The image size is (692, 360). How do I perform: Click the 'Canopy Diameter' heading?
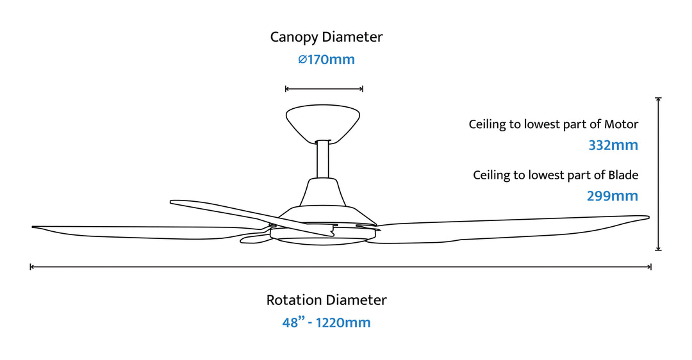326,37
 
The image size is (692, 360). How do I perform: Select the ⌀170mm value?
326,60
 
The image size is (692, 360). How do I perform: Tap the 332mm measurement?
613,145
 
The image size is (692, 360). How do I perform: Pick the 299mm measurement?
613,196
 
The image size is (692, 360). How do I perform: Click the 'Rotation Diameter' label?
326,300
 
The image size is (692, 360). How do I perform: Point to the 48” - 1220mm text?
326,322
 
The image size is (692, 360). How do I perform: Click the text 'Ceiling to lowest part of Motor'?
553,124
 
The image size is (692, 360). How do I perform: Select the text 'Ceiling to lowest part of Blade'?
556,175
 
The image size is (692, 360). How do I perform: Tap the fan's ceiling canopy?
322,120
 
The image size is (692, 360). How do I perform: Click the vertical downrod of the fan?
323,160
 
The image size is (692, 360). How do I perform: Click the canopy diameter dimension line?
324,89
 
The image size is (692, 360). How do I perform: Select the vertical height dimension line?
658,173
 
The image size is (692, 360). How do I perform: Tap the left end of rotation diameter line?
31,266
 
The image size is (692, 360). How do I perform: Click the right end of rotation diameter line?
651,266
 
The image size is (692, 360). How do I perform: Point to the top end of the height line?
658,98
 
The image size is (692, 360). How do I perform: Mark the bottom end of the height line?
658,250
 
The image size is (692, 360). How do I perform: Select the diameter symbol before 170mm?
302,60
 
